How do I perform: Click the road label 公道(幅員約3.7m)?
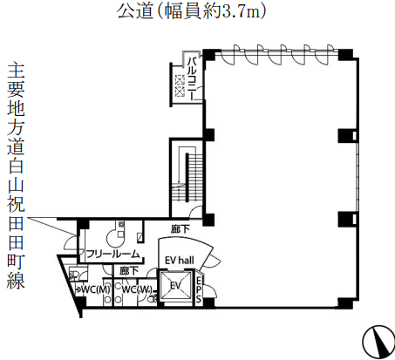(x=191, y=11)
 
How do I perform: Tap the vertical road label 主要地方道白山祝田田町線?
(x=16, y=175)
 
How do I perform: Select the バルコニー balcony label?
(x=192, y=78)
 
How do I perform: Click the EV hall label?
(x=180, y=260)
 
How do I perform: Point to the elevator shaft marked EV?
(x=176, y=286)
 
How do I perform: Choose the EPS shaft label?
(x=199, y=290)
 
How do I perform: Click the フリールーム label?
(x=113, y=255)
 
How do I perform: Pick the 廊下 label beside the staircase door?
(x=180, y=229)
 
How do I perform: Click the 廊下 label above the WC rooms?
(x=129, y=271)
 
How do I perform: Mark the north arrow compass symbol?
(x=378, y=342)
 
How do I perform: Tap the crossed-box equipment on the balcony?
(x=180, y=85)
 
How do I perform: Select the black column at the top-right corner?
(x=345, y=55)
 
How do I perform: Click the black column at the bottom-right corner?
(x=345, y=303)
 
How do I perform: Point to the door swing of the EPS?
(x=210, y=291)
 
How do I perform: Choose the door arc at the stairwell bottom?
(x=195, y=212)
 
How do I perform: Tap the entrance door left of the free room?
(x=71, y=241)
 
